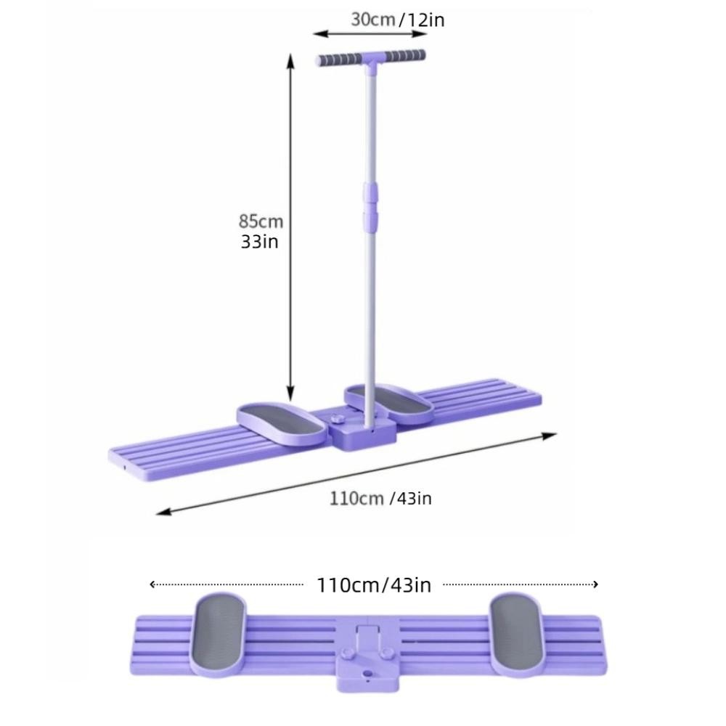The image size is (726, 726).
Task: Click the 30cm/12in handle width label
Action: pyautogui.click(x=398, y=20)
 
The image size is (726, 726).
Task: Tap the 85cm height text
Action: pyautogui.click(x=261, y=221)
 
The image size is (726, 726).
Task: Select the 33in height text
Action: pyautogui.click(x=259, y=242)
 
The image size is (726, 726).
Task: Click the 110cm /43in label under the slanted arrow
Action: pyautogui.click(x=380, y=499)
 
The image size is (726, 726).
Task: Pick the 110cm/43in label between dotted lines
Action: pyautogui.click(x=374, y=585)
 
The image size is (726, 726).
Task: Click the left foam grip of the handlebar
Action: pyautogui.click(x=339, y=60)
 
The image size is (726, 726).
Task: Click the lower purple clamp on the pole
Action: pyautogui.click(x=370, y=221)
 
